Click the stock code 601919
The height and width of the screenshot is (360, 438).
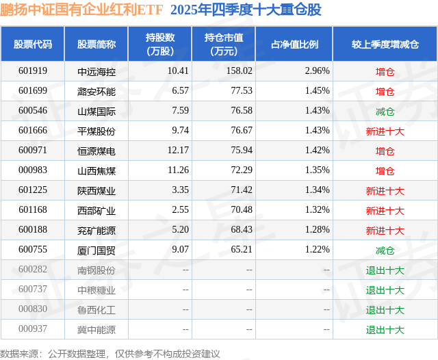click(x=33, y=71)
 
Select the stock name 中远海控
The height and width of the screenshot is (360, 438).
click(x=96, y=71)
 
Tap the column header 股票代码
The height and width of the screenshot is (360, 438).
click(x=33, y=44)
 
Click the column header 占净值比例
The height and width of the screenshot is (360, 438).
click(x=294, y=44)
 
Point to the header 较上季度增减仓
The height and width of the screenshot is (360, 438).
click(x=385, y=44)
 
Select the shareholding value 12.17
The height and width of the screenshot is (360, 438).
click(x=177, y=151)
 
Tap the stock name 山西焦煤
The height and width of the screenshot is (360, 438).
click(x=96, y=170)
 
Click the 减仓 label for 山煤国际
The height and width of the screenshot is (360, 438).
click(x=385, y=111)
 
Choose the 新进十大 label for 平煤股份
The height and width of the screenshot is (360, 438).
click(x=385, y=131)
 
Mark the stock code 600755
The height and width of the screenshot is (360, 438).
click(x=33, y=250)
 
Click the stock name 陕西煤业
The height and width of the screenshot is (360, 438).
click(x=96, y=190)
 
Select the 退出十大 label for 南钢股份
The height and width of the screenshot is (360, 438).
click(x=385, y=270)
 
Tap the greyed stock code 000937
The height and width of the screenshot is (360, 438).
click(x=33, y=329)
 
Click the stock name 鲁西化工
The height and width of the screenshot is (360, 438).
click(x=96, y=309)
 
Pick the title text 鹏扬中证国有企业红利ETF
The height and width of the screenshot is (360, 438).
click(x=82, y=10)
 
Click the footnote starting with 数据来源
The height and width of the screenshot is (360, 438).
click(x=110, y=353)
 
